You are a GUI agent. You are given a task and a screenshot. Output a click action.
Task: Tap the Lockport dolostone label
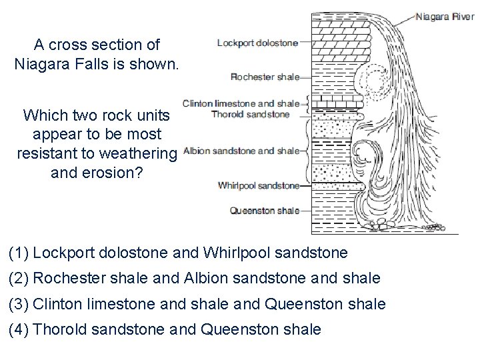[257, 44]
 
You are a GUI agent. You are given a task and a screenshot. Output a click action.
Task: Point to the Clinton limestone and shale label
[241, 104]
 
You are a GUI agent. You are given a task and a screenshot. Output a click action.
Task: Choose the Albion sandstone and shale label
[241, 151]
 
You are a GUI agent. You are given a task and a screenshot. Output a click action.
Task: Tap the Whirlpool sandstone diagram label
[258, 185]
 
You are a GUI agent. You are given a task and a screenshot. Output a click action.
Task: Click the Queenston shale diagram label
[265, 211]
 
